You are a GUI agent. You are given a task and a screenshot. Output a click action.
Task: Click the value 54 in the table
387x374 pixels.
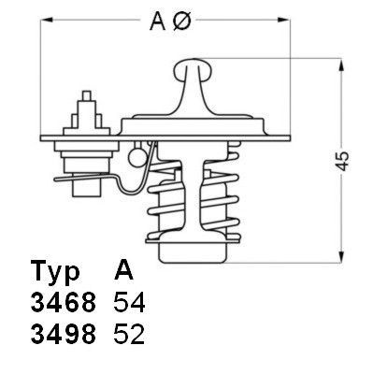point(128,303)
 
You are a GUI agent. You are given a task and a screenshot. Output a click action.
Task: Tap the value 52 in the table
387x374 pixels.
point(128,334)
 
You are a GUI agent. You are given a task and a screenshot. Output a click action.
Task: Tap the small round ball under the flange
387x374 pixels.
point(140,149)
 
